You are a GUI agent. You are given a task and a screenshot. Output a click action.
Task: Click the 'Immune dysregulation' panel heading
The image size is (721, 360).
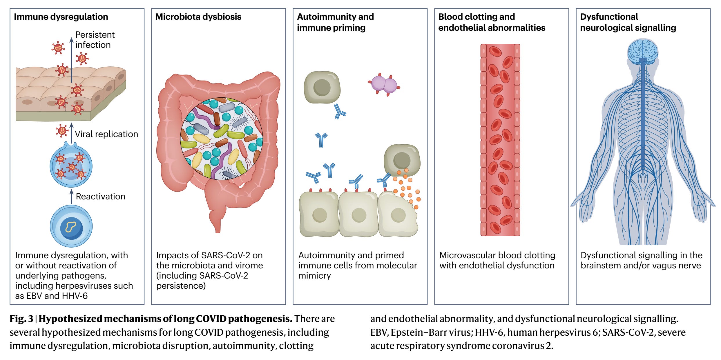click(61, 17)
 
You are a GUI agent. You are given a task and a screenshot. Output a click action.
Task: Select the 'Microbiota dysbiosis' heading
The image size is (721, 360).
click(198, 17)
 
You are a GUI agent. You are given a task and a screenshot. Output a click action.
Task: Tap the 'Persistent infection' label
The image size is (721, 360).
click(95, 40)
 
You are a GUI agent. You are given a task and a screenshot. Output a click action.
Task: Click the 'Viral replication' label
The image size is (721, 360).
click(106, 134)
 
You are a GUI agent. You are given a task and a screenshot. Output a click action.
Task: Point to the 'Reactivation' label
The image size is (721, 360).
click(100, 197)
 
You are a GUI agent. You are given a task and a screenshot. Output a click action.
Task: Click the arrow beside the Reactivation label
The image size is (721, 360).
click(71, 197)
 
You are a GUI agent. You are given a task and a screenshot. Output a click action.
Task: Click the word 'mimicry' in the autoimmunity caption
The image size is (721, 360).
click(314, 276)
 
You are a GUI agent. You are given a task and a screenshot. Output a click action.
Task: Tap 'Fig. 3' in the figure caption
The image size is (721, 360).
click(21, 319)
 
